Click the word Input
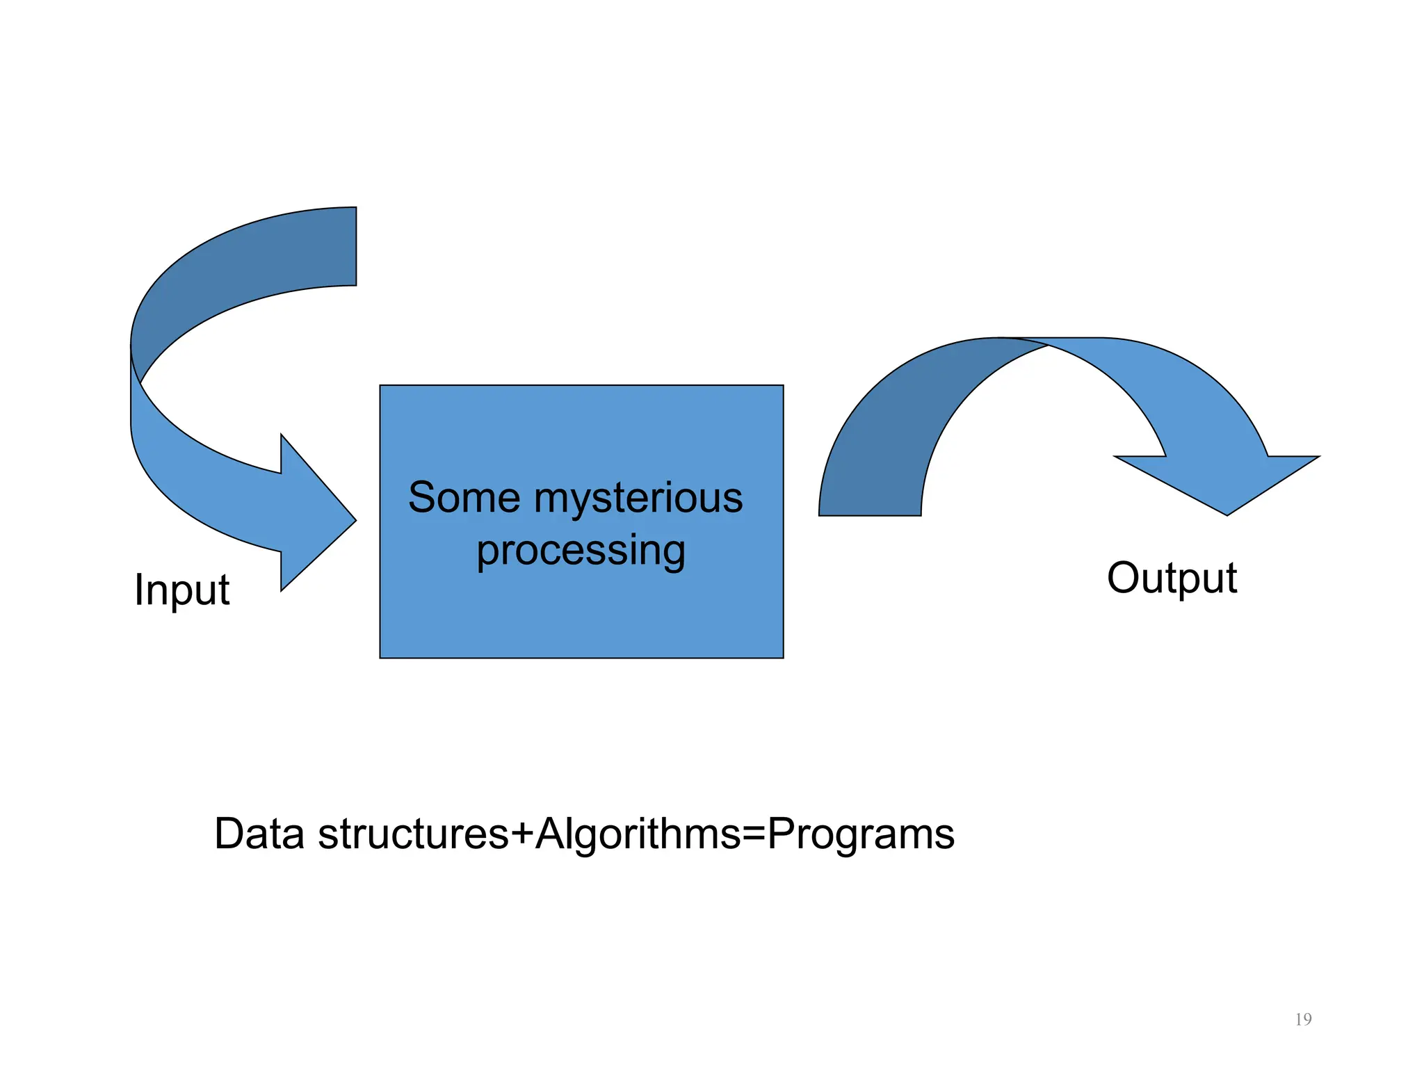coord(181,590)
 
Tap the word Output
coord(1172,578)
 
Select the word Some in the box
coord(464,498)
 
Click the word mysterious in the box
coord(638,498)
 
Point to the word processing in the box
coord(581,551)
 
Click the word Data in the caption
coord(259,834)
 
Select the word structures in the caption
coord(413,834)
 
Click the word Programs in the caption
coord(861,834)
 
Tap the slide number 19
coord(1303,1019)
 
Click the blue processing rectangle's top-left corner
coord(380,386)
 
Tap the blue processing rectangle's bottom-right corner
coord(783,657)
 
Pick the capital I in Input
coord(138,589)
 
